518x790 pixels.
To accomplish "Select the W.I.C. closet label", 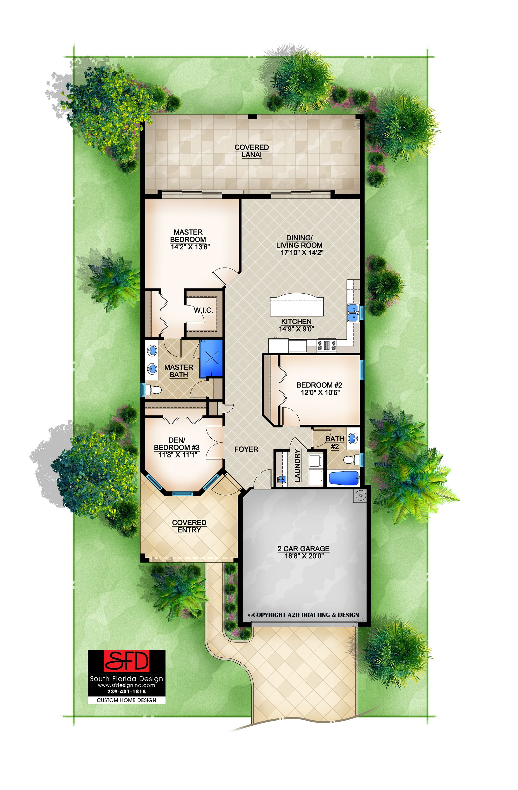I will click(x=203, y=310).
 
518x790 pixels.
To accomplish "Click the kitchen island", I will click(x=297, y=306).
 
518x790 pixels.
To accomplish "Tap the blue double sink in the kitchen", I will click(x=353, y=313).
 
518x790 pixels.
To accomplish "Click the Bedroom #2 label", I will click(x=319, y=385).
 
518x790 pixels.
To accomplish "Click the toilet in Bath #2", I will click(x=352, y=460).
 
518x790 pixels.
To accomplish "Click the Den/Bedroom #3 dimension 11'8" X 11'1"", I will click(x=178, y=454).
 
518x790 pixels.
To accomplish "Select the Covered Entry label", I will click(x=189, y=526).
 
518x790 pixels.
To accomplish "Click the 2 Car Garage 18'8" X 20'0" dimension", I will click(x=304, y=556).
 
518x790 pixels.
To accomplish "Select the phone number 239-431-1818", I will click(x=126, y=691).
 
